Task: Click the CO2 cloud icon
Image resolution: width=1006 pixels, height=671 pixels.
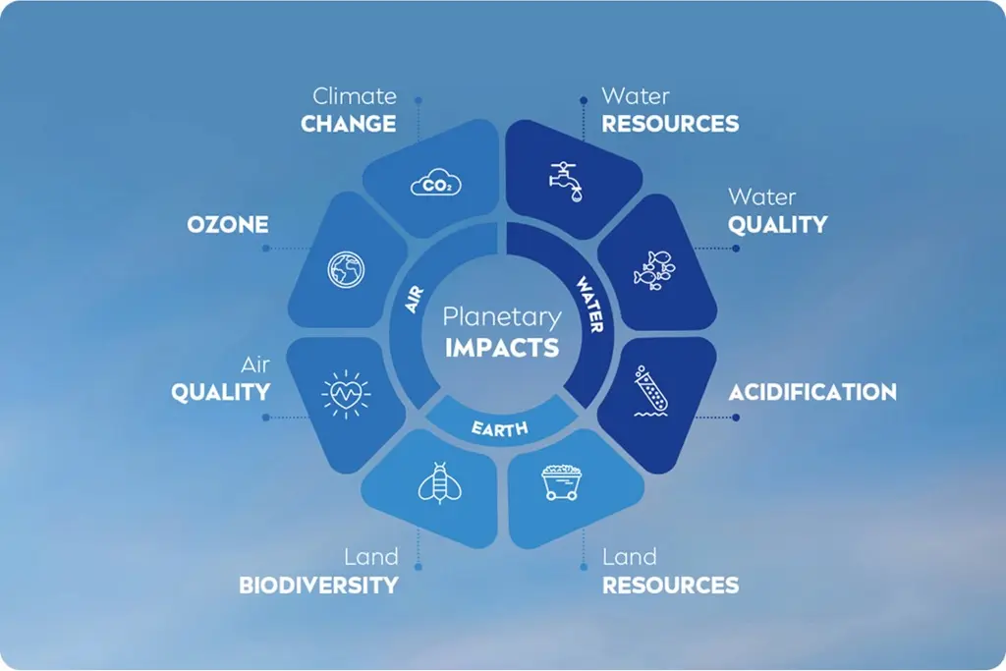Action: tap(435, 183)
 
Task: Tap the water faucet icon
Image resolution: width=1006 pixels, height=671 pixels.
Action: tap(566, 182)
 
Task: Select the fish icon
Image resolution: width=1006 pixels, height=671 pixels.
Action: tap(654, 270)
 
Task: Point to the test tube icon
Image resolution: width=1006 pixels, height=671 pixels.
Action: tap(651, 391)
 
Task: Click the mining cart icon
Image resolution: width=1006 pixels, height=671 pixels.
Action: tap(561, 482)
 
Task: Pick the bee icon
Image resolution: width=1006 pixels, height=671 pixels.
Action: tap(439, 483)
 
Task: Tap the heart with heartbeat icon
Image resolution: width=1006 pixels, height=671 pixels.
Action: tap(346, 394)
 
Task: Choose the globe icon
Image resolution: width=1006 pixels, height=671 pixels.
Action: tap(346, 269)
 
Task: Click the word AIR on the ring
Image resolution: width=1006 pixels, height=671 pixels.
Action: tap(415, 300)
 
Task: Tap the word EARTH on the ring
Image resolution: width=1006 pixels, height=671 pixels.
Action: tap(500, 428)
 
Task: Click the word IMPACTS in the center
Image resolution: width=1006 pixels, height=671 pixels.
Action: tap(502, 348)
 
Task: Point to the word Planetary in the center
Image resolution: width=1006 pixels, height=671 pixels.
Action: tap(502, 318)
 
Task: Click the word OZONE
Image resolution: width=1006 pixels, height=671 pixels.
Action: tap(228, 225)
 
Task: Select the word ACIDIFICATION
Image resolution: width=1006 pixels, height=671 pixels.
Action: tap(812, 392)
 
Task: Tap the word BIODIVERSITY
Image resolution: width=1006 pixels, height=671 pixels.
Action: tap(319, 586)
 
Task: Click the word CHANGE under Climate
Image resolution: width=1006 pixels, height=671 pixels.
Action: tap(349, 124)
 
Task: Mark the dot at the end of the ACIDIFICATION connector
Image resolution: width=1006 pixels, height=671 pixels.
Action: tap(736, 418)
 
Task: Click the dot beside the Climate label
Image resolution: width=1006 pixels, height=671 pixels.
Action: tap(419, 101)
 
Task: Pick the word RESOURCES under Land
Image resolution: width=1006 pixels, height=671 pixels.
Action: tap(670, 586)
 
